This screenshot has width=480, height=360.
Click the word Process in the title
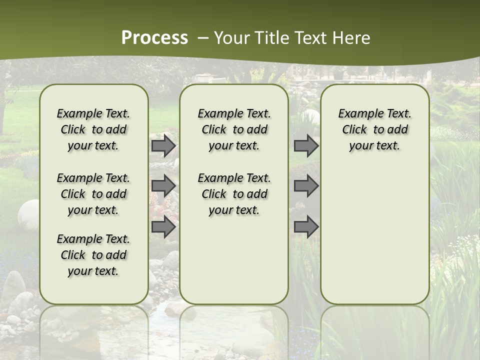click(154, 38)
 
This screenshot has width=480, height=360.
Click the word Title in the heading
click(270, 38)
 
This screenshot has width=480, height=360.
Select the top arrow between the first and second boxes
click(163, 146)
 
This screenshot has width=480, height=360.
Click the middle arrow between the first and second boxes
click(163, 186)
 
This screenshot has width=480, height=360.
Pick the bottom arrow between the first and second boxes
click(163, 226)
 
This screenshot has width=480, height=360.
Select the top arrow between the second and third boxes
click(306, 146)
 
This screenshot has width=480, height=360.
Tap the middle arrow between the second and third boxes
click(306, 186)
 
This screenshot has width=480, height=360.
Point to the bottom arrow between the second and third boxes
click(306, 226)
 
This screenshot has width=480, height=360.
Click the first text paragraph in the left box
click(93, 129)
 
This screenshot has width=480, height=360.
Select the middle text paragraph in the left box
click(93, 194)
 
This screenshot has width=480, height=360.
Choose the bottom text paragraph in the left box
click(93, 255)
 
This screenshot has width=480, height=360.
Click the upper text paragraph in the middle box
click(234, 129)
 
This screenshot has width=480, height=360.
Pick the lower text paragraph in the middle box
click(234, 194)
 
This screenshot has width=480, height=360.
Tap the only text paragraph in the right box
click(375, 129)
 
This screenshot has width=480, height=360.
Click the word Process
click(154, 38)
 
